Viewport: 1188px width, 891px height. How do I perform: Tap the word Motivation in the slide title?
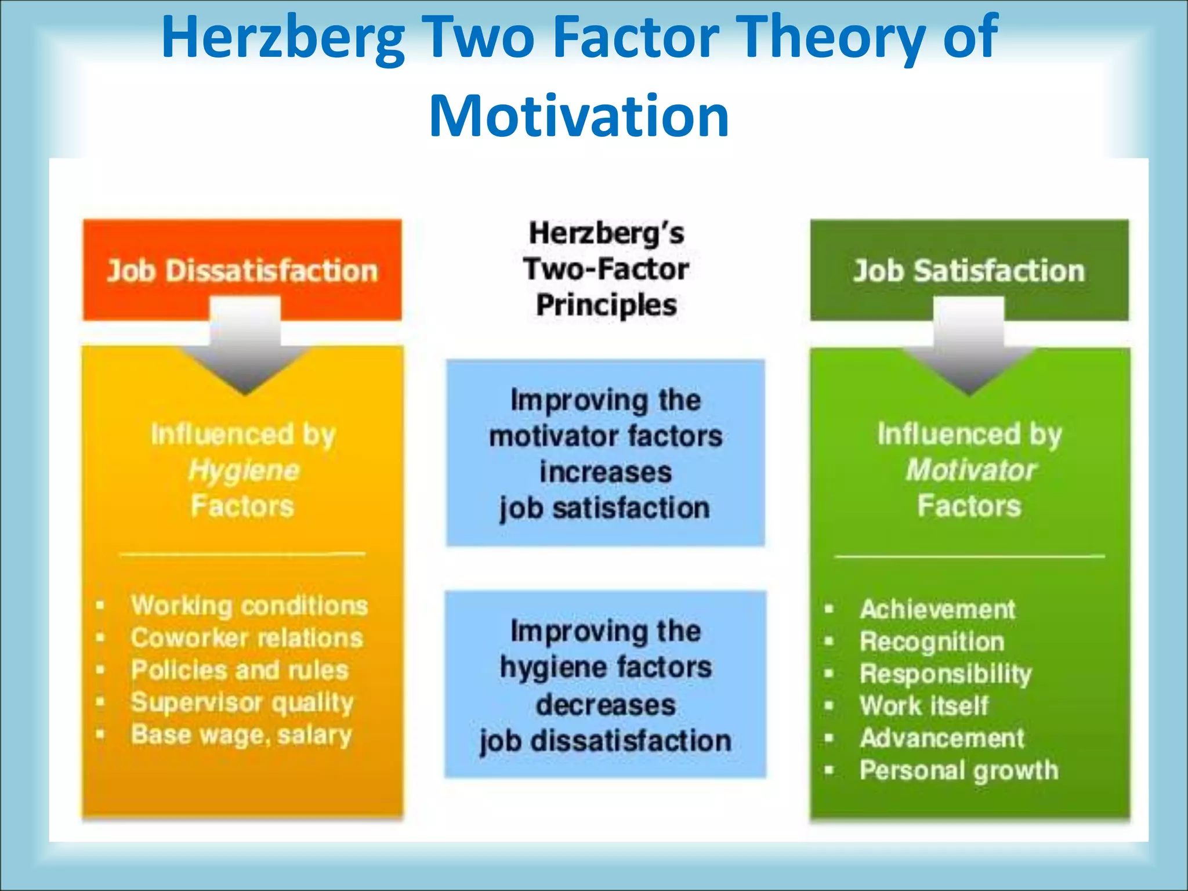click(x=579, y=117)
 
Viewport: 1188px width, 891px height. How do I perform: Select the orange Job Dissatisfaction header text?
click(x=242, y=271)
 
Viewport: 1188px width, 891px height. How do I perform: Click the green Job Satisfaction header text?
click(x=969, y=271)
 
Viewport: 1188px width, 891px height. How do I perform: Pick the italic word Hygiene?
click(x=244, y=470)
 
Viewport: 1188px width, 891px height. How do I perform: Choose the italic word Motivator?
click(x=970, y=470)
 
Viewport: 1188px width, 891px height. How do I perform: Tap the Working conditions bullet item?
click(x=249, y=606)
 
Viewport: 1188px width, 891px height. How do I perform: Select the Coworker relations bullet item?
click(x=247, y=638)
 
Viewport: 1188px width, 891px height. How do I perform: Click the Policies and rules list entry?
click(x=240, y=670)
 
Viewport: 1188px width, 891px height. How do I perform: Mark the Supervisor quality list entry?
click(x=242, y=702)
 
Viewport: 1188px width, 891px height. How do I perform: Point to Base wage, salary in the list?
click(x=241, y=735)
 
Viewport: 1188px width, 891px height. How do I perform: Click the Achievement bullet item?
click(x=937, y=609)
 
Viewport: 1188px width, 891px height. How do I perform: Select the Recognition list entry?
click(x=932, y=642)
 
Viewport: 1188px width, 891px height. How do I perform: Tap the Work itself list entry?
click(x=924, y=706)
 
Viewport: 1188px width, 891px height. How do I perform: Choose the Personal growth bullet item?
click(x=959, y=770)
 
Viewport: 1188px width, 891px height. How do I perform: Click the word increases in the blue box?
click(x=606, y=472)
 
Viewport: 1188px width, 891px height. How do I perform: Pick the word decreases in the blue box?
click(x=606, y=705)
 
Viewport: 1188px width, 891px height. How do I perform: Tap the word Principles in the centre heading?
click(x=606, y=305)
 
